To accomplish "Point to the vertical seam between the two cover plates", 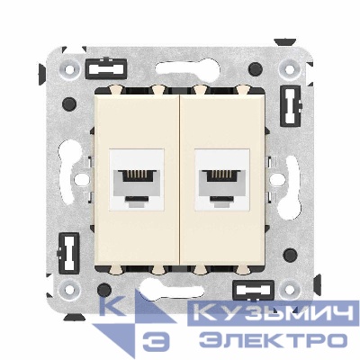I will coord(180,180).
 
